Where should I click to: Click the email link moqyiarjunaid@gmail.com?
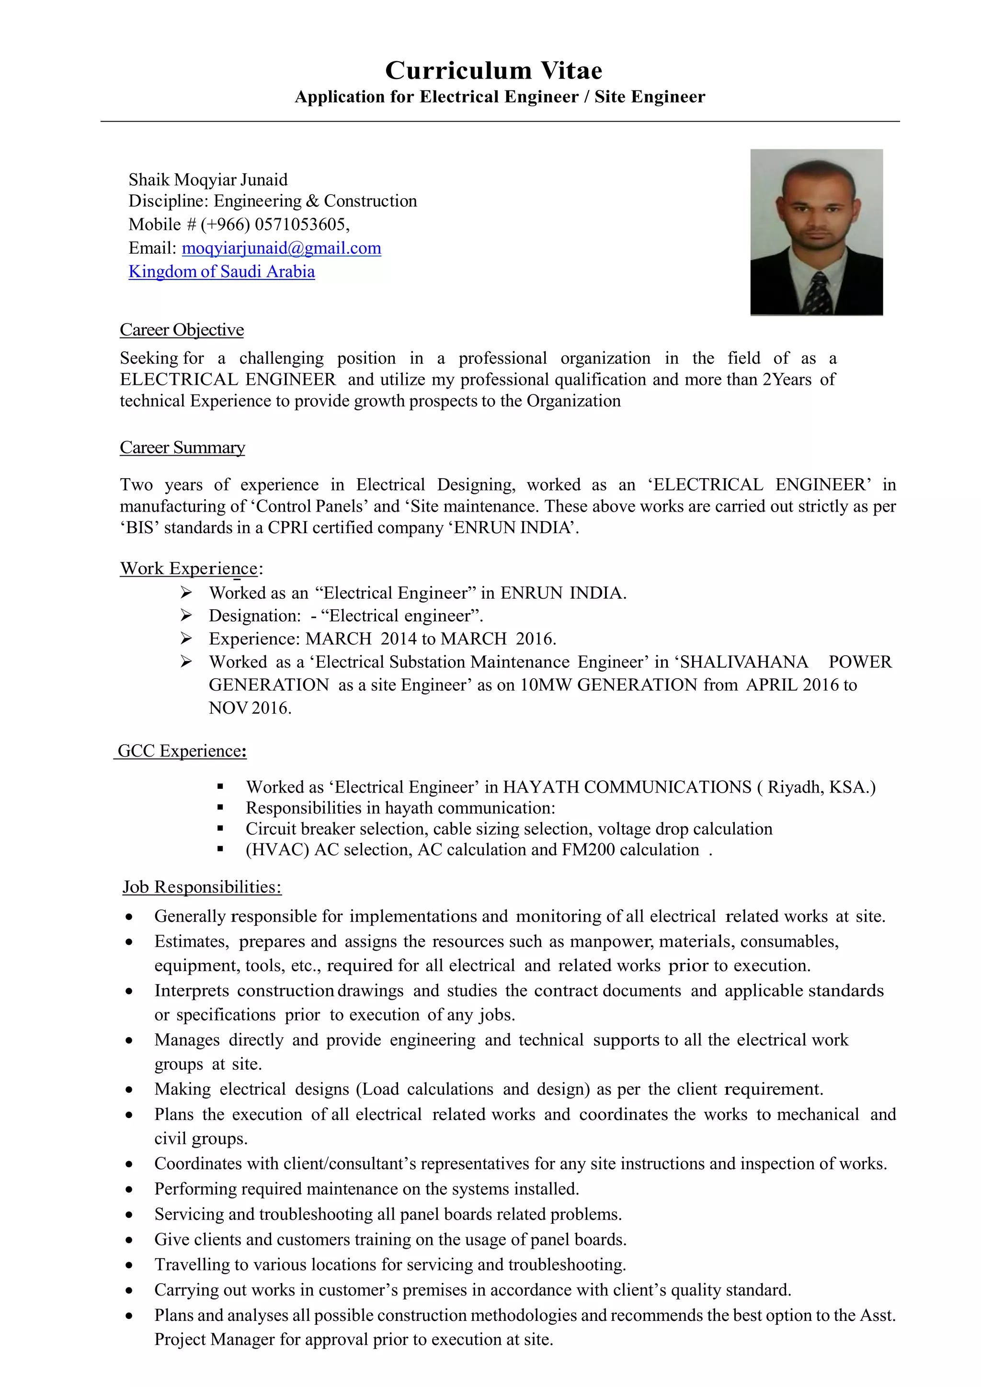281,248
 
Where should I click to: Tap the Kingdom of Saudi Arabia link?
221,271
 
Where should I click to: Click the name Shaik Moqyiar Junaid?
208,179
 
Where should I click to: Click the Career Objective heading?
182,329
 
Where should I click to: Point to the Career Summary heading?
182,447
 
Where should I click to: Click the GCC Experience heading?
181,750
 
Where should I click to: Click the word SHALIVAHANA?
743,661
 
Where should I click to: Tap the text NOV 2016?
250,707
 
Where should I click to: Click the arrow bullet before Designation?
186,615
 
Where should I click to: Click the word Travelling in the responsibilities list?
189,1264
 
